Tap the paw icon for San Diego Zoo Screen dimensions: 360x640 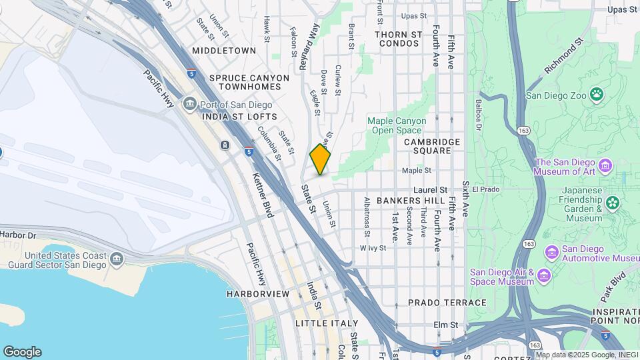597,95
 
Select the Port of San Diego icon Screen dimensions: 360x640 190,104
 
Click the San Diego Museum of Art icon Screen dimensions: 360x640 605,164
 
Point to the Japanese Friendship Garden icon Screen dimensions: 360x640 612,203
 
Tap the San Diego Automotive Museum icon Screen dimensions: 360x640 551,252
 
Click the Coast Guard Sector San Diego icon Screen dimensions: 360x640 117,258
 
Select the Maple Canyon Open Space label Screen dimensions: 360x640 395,125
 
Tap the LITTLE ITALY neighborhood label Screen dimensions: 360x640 321,323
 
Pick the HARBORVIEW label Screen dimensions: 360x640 257,293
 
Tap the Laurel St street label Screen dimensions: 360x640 429,190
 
